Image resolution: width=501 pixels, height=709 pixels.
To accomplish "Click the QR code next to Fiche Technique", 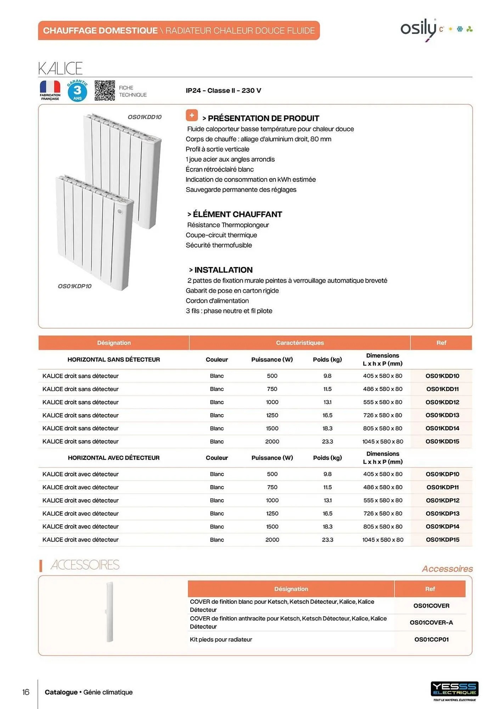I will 105,91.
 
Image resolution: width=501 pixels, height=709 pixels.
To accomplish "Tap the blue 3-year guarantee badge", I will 77,91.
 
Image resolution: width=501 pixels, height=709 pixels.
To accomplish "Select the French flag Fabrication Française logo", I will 50,90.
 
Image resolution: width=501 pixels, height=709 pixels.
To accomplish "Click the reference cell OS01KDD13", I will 442,415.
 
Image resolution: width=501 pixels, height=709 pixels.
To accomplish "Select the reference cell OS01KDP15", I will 442,540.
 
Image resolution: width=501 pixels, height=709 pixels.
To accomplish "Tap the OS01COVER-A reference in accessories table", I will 431,623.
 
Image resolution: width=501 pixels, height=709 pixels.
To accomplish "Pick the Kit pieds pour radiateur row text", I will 221,640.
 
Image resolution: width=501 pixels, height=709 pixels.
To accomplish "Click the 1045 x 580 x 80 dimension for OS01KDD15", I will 383,441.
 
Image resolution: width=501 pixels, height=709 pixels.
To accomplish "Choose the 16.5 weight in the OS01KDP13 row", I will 327,513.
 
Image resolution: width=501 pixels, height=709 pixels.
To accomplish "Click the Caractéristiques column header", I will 300,343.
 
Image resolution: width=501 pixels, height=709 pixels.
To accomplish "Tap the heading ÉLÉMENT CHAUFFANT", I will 237,214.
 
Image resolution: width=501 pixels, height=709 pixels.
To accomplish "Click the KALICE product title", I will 60,68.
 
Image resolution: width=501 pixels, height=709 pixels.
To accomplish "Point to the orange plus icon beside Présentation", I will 192,115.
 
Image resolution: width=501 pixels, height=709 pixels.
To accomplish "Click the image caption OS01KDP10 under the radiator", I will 74,286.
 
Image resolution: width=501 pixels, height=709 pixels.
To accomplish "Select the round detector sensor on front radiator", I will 120,212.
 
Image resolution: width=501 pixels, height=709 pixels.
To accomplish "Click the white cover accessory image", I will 109,612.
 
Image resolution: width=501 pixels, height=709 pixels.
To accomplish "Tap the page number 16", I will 26,692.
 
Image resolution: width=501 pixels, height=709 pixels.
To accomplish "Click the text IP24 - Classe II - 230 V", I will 223,90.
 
